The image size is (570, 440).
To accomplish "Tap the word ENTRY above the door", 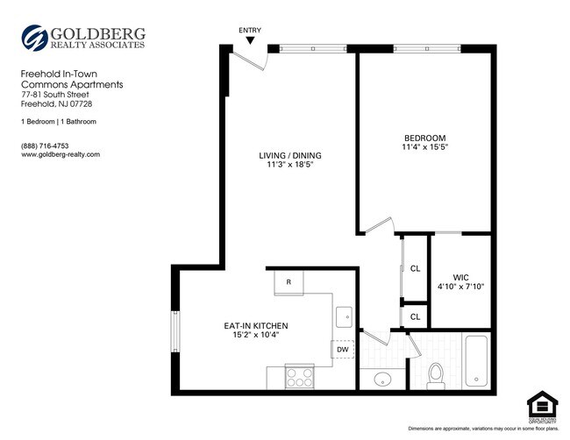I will pyautogui.click(x=250, y=29).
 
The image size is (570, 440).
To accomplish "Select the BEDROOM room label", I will pyautogui.click(x=424, y=138).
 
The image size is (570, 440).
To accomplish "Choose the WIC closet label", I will pyautogui.click(x=460, y=277).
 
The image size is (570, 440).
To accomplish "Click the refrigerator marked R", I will pyautogui.click(x=289, y=282).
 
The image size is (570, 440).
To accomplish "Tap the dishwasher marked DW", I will pyautogui.click(x=343, y=350).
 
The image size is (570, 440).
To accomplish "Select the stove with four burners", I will pyautogui.click(x=300, y=379).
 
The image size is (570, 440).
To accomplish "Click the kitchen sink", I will pyautogui.click(x=344, y=316).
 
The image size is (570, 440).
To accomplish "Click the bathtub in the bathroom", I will pyautogui.click(x=480, y=362).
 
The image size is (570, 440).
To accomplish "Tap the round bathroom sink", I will pyautogui.click(x=382, y=380).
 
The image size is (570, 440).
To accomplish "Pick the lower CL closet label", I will pyautogui.click(x=415, y=316).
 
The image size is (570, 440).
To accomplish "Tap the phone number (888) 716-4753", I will pyautogui.click(x=45, y=145).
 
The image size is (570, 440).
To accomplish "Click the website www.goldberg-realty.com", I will pyautogui.click(x=61, y=154).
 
